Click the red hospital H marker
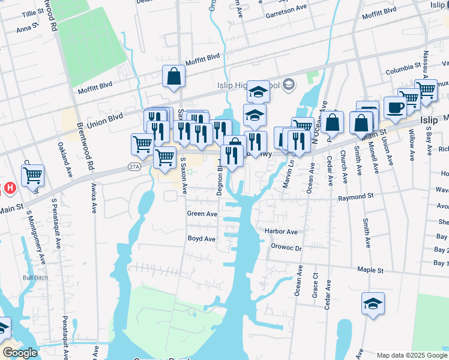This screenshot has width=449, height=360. (9, 188)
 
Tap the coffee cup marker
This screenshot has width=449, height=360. (395, 108)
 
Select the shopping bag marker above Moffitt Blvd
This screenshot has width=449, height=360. (173, 77)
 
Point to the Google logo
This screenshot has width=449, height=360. (20, 353)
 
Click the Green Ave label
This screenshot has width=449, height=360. (202, 214)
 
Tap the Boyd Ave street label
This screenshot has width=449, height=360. (201, 239)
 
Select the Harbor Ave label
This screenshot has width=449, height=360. (281, 232)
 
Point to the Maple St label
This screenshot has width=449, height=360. (371, 271)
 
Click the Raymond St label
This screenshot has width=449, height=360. (355, 197)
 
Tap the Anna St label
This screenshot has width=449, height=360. (27, 28)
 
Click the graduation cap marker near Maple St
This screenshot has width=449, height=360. (373, 304)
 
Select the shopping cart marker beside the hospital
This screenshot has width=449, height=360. (32, 176)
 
